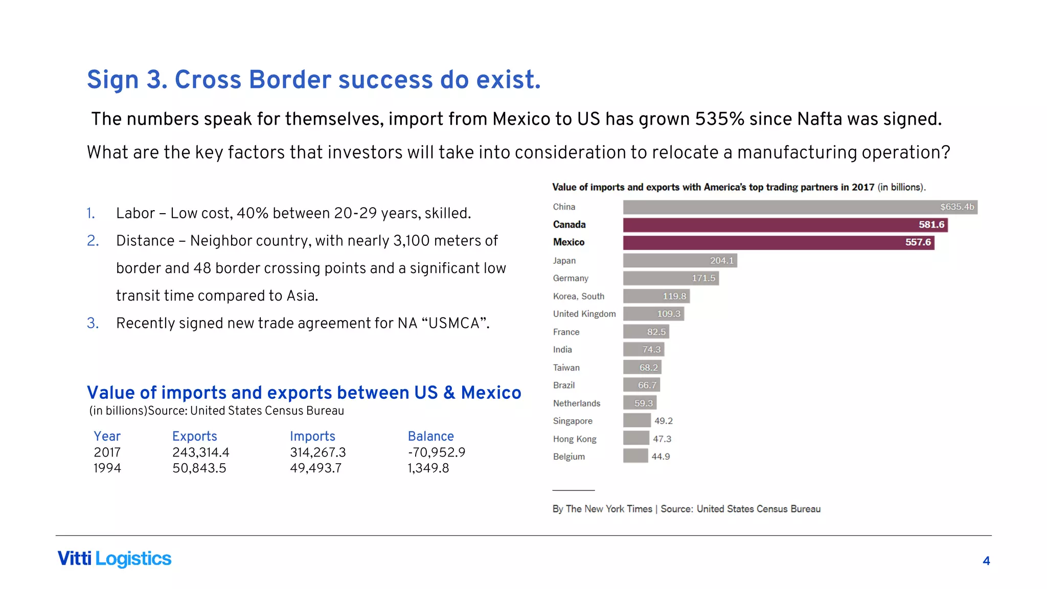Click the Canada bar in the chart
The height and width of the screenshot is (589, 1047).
[785, 225]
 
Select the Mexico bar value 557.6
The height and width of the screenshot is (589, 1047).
[918, 242]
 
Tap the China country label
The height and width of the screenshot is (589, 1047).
[564, 207]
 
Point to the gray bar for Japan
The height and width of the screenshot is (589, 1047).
[679, 261]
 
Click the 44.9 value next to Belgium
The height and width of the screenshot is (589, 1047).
[661, 457]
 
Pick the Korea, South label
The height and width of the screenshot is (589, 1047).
[578, 297]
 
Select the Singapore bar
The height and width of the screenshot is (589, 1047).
[636, 421]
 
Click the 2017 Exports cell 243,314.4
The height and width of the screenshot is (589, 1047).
[200, 452]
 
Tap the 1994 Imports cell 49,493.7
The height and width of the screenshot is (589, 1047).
[315, 468]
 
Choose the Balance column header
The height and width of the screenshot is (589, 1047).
[430, 436]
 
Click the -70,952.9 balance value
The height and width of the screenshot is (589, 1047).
[436, 452]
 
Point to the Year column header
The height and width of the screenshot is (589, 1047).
[107, 436]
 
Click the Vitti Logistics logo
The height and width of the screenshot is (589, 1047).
[114, 559]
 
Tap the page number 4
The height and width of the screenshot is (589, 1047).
[986, 561]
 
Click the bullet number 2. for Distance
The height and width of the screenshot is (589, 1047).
[93, 241]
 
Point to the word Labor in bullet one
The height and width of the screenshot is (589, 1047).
[135, 213]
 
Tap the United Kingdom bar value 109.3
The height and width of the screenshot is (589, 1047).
[668, 314]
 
